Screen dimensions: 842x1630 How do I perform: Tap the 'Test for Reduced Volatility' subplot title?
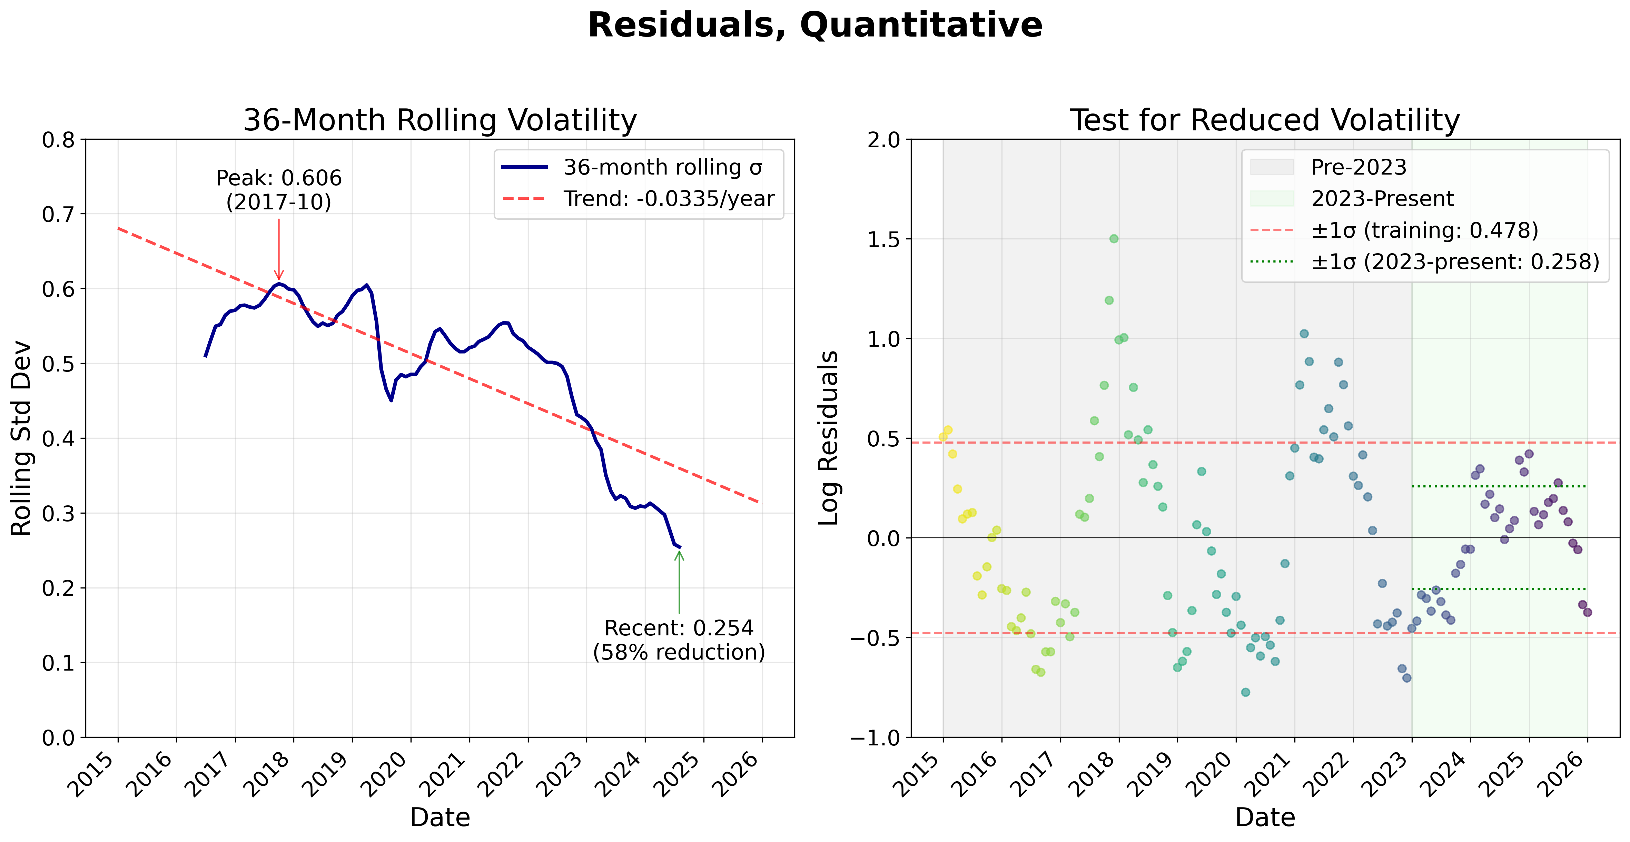[1265, 120]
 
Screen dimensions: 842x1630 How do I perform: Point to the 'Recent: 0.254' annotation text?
[679, 628]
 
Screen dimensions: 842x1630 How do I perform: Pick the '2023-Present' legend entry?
[1382, 199]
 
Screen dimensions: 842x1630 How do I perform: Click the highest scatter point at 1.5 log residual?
[1114, 238]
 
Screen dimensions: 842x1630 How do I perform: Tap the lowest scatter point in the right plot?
[1245, 692]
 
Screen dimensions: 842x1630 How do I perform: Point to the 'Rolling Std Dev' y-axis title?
[21, 438]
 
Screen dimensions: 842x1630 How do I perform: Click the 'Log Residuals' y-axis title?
[828, 438]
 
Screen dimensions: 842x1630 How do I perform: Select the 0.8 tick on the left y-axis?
[58, 140]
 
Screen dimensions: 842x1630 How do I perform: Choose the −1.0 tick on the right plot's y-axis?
[875, 737]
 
